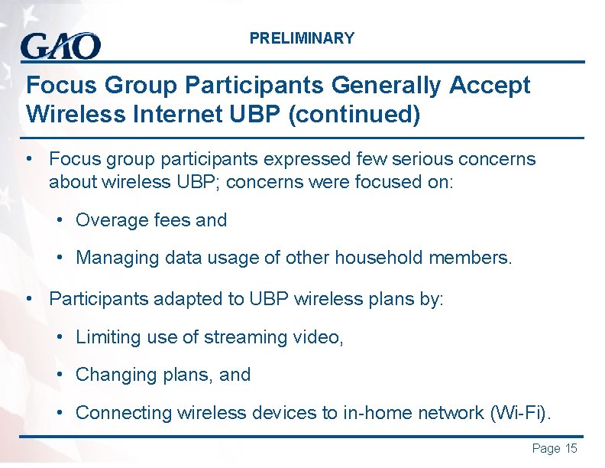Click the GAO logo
coord(60,46)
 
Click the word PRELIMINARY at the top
coord(302,38)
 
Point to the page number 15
coord(571,449)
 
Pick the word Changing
coord(112,375)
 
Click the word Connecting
coord(124,413)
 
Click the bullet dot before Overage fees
coord(60,221)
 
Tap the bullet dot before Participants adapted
coord(29,297)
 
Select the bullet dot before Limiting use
coord(60,336)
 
